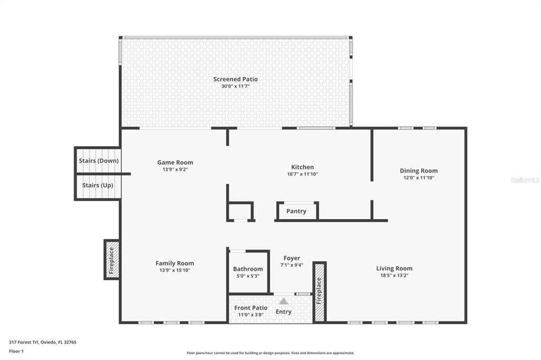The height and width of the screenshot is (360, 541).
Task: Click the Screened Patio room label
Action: click(x=235, y=79)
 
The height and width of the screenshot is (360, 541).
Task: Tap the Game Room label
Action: click(x=175, y=163)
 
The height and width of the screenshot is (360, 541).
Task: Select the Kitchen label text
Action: click(x=302, y=167)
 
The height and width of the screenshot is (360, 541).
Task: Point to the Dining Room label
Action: click(x=418, y=170)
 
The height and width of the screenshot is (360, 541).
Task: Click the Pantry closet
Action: click(x=296, y=211)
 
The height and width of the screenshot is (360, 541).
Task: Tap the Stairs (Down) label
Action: click(x=98, y=160)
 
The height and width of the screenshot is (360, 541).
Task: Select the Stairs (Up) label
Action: click(x=98, y=185)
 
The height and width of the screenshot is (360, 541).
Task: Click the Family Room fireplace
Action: click(x=111, y=260)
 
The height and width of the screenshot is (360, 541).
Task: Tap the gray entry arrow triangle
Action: click(x=284, y=301)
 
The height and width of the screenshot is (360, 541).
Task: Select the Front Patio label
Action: click(x=250, y=308)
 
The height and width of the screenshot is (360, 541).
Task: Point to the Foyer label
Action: click(x=292, y=258)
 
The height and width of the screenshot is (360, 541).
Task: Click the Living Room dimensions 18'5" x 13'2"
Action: click(x=394, y=275)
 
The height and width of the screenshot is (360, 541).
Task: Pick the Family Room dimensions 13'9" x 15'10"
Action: click(x=174, y=270)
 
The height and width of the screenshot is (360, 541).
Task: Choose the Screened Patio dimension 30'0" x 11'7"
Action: click(x=235, y=86)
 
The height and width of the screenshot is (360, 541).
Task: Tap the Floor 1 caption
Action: click(x=16, y=351)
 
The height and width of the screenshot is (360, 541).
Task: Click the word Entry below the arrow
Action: click(x=284, y=312)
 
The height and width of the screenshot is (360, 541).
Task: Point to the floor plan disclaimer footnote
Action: click(x=270, y=353)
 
